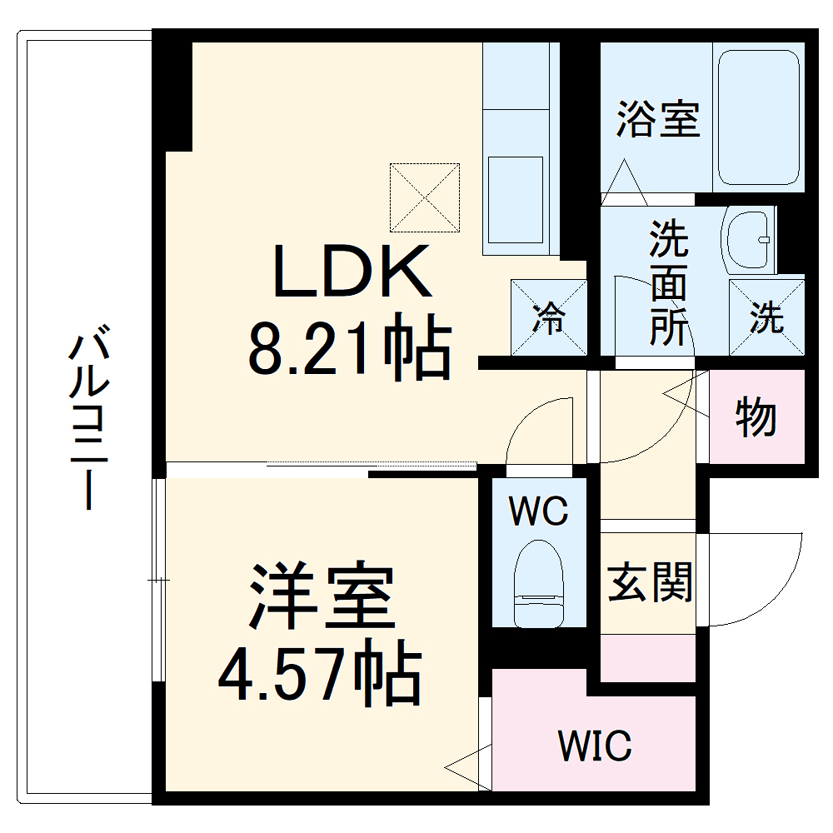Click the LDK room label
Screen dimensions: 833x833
pos(352,272)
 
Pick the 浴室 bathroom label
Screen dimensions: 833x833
pos(658,119)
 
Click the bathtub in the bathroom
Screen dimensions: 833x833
pos(758,117)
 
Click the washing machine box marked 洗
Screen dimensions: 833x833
pos(767,317)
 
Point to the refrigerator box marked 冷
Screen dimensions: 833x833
pos(549,317)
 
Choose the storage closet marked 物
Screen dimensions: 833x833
pos(756,416)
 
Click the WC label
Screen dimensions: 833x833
pos(539,511)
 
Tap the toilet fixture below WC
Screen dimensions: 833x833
pos(538,583)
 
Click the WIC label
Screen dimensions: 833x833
pos(595,745)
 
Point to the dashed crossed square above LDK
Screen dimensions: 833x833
pos(425,198)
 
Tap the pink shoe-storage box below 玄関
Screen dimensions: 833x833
pos(648,658)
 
